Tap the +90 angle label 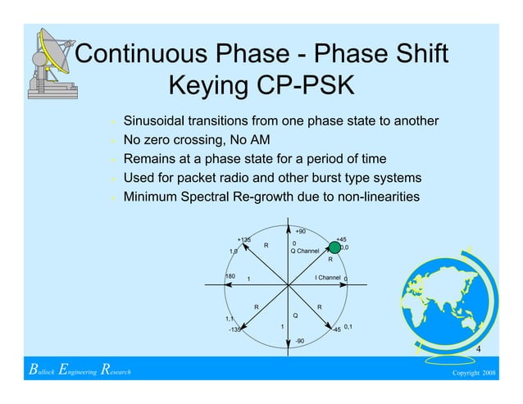[300, 231]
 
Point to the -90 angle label [300, 340]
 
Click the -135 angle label [234, 330]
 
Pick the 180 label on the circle [230, 277]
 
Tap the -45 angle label [335, 330]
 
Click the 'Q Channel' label [305, 251]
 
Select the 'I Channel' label [328, 278]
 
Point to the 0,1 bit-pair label [348, 325]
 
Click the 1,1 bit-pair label [230, 319]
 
